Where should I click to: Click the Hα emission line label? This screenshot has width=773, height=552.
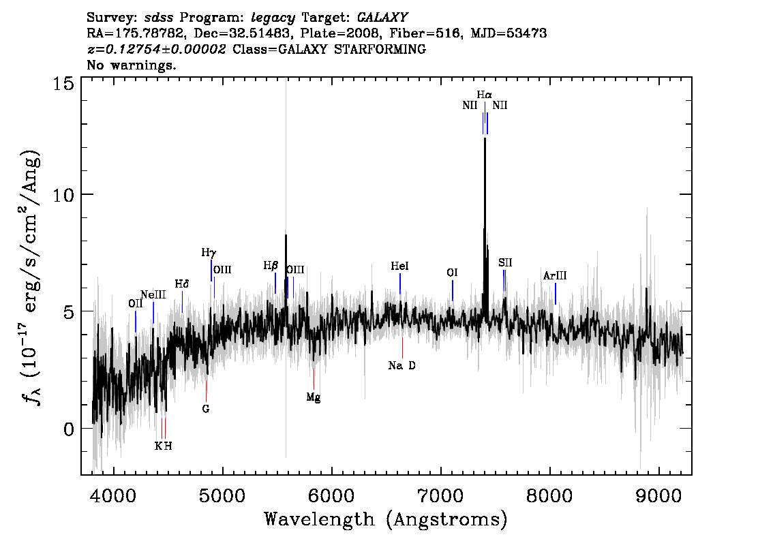484,95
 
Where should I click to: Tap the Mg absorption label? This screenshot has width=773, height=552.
313,397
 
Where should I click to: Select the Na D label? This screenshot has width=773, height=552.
401,366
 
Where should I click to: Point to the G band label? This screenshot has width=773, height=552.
206,409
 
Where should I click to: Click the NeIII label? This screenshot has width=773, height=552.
153,295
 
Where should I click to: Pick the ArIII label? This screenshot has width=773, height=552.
555,276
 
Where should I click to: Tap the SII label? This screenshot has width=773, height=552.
505,262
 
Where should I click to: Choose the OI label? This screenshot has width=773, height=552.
452,273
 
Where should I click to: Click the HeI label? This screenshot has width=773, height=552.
399,266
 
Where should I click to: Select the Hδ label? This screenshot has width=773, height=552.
182,284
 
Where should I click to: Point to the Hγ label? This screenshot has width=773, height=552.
209,254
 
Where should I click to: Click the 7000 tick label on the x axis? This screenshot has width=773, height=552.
440,496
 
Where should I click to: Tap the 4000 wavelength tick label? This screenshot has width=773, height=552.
113,496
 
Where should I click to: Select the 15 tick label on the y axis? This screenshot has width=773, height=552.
63,84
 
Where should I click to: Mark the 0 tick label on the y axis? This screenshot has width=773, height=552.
69,429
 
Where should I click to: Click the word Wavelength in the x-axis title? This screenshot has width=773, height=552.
319,519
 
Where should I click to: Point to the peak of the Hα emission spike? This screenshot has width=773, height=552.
485,138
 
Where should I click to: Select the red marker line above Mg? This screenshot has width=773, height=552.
314,378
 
